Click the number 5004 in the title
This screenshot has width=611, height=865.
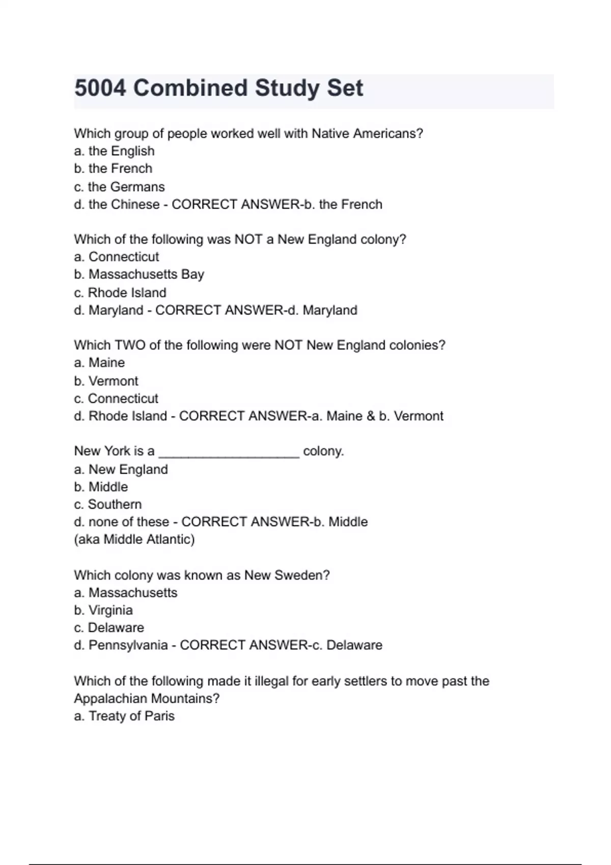[100, 88]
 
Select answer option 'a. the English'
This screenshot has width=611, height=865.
[114, 151]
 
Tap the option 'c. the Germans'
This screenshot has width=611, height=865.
[119, 187]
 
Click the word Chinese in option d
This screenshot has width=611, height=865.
[135, 205]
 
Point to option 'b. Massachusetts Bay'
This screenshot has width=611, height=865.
[138, 274]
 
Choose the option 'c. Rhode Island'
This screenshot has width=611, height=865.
[120, 293]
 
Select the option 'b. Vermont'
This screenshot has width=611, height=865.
[105, 381]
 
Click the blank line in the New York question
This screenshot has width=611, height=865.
[229, 452]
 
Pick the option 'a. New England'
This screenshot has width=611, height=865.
[121, 469]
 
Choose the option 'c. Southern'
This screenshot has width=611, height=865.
[107, 504]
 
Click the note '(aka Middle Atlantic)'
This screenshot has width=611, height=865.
[134, 539]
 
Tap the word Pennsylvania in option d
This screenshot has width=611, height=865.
[128, 645]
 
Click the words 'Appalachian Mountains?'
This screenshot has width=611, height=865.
[147, 699]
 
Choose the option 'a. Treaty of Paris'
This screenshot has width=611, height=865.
[124, 716]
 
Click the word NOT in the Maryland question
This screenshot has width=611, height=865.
[248, 239]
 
